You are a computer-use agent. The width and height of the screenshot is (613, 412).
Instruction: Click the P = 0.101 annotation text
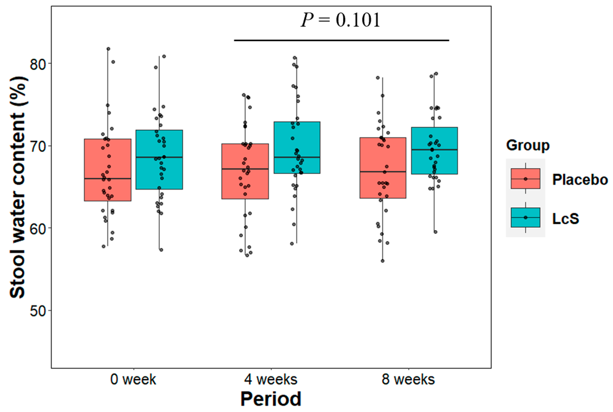pyautogui.click(x=341, y=20)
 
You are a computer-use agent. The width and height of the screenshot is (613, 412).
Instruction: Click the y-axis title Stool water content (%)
pyautogui.click(x=18, y=187)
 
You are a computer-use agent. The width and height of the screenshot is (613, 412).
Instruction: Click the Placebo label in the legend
pyautogui.click(x=580, y=180)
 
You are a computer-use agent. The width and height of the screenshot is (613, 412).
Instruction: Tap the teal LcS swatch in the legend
pyautogui.click(x=526, y=217)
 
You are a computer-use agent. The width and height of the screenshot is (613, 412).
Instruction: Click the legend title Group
pyautogui.click(x=528, y=145)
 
